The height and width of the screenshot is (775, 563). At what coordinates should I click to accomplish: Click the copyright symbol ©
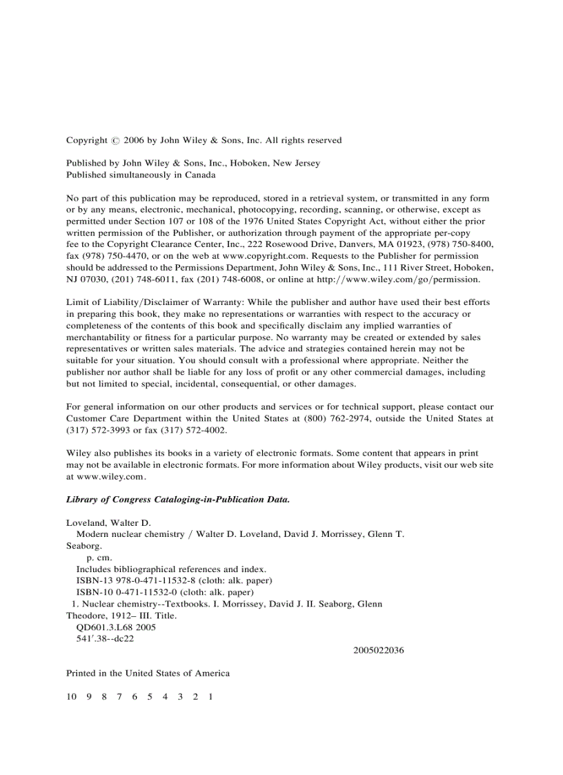click(x=114, y=141)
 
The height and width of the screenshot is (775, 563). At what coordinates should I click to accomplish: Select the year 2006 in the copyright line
click(x=134, y=140)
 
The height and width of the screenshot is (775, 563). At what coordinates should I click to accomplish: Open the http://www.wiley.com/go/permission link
click(x=398, y=279)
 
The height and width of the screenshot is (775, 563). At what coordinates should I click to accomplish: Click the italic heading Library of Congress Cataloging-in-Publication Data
click(x=178, y=500)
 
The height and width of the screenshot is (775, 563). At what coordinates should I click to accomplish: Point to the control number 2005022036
click(x=378, y=650)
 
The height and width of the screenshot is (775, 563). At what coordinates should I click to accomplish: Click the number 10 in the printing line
click(x=72, y=697)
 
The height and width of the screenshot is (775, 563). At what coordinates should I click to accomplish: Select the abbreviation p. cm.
click(x=99, y=558)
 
